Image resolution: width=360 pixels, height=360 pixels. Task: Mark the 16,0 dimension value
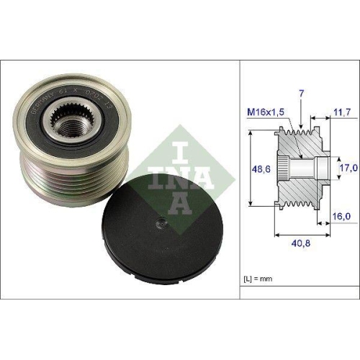pyautogui.click(x=341, y=215)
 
